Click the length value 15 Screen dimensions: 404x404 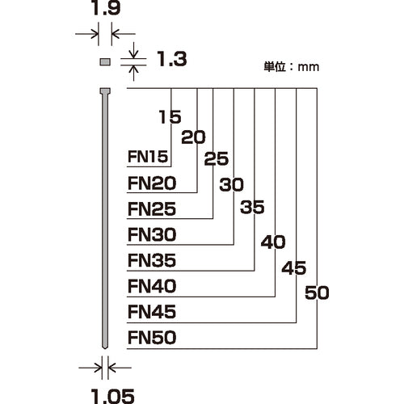(x=170, y=116)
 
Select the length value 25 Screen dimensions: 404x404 (x=212, y=160)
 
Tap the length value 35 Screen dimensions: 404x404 (x=253, y=207)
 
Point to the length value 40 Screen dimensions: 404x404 (x=275, y=241)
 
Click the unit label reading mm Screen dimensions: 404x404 (x=308, y=68)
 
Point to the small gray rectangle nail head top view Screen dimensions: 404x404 (x=103, y=61)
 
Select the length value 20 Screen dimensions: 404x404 (x=191, y=138)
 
